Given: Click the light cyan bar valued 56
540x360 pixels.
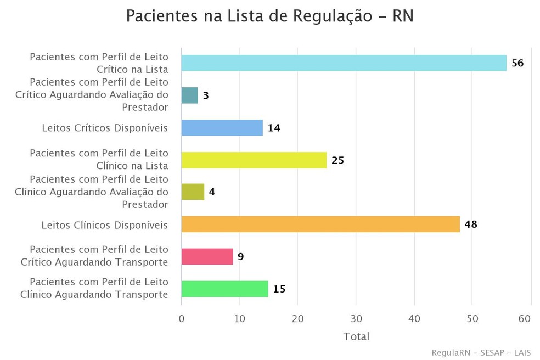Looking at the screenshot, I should coord(344,63).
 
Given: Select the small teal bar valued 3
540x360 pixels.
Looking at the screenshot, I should coord(189,95).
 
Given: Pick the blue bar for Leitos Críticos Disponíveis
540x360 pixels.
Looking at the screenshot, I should coord(222,128).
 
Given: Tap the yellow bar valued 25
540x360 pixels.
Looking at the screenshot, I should coord(254,160).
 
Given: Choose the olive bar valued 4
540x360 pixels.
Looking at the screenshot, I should coord(193,192).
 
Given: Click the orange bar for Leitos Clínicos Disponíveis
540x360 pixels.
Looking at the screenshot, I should coord(320,224).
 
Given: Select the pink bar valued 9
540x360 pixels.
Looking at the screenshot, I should coord(207,256).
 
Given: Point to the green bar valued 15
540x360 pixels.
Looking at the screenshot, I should coord(224,289).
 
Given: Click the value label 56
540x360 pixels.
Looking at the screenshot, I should coord(517,63).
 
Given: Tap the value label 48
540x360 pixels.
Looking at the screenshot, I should coord(471,224).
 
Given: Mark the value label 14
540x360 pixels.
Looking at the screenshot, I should coord(274,128).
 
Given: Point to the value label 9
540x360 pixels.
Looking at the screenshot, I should coord(240,256).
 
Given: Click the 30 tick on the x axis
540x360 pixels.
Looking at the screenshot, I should coord(356,318).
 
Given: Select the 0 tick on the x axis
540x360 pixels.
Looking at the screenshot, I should coord(182,318).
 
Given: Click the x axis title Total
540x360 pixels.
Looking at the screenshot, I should coord(356,336).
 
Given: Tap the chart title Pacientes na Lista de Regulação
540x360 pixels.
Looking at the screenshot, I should coord(269,16).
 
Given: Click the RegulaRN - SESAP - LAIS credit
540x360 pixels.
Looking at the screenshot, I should coord(481,352).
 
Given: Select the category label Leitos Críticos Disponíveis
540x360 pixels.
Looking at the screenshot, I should coord(105,128).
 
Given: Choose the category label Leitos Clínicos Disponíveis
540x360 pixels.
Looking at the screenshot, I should coord(105,224).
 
